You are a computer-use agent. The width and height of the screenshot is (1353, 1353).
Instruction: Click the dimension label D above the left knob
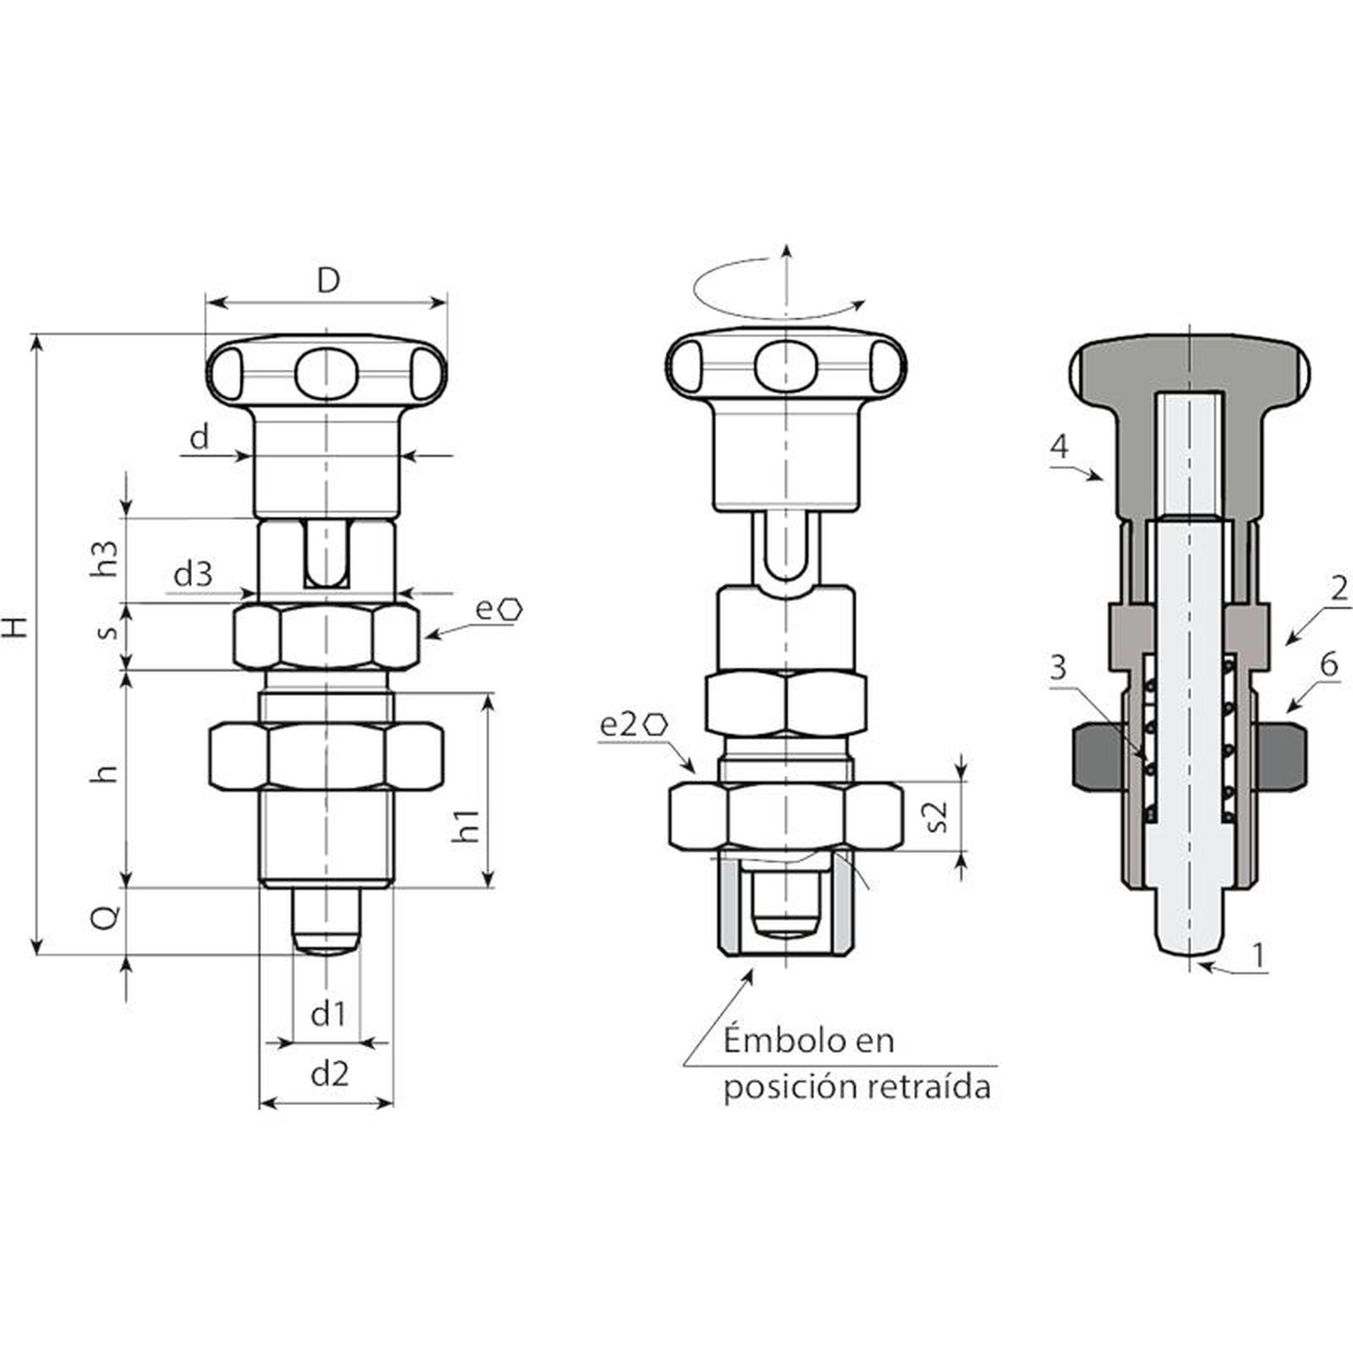pos(327,280)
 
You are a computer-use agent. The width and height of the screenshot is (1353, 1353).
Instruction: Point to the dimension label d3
pos(193,575)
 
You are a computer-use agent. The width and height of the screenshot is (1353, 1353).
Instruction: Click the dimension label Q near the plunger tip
pos(106,918)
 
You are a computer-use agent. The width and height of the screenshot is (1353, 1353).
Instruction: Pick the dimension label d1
pos(328,1013)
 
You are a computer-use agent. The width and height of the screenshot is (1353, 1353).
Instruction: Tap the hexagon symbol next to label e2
pos(656,725)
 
